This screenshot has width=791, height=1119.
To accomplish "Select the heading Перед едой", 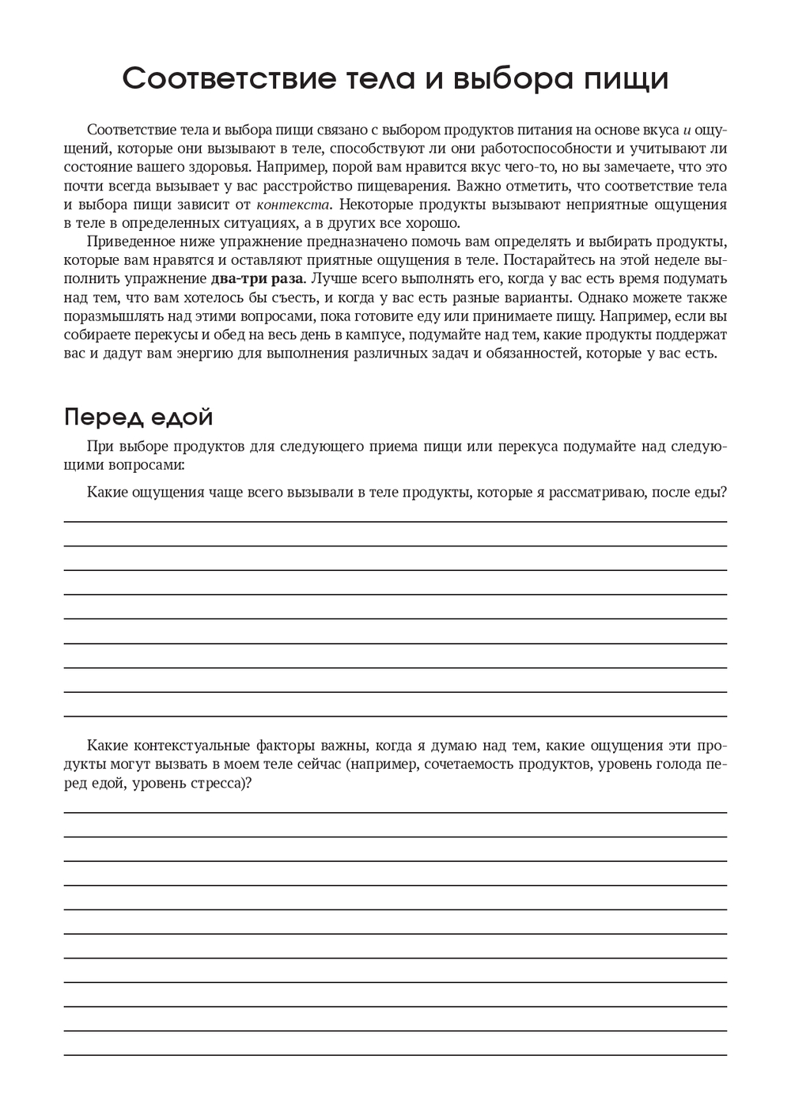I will point(138,416).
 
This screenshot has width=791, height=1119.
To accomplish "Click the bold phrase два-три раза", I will point(257,278).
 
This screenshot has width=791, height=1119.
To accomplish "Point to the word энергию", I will point(206,353).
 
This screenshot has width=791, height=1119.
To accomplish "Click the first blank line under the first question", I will point(395,521).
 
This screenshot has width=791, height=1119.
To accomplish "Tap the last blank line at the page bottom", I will point(395,1055).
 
